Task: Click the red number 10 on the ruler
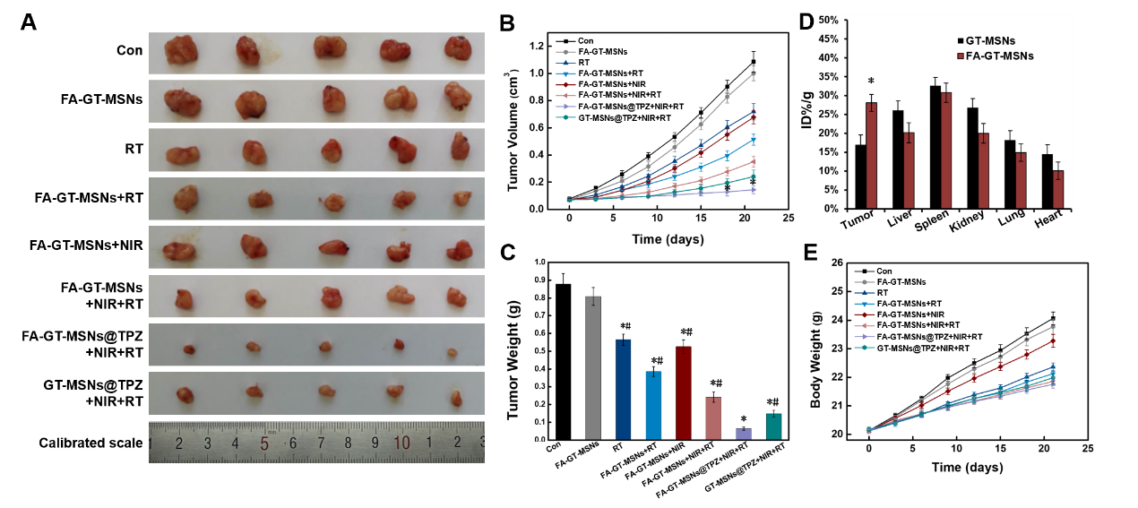point(401,442)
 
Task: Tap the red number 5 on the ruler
point(264,443)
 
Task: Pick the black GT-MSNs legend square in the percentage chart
point(961,41)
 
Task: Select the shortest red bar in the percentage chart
point(1057,190)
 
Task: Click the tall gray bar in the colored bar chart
point(593,367)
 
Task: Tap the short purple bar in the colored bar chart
point(744,434)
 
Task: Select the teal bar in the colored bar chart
point(774,426)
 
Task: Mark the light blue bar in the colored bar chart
point(654,405)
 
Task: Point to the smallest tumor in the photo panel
point(453,352)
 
